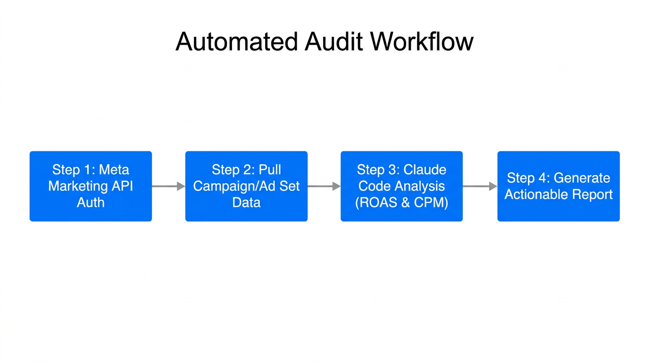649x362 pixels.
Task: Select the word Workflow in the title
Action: click(x=422, y=41)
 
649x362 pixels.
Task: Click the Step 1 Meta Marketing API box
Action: click(x=91, y=186)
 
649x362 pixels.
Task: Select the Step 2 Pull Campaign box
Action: click(x=246, y=186)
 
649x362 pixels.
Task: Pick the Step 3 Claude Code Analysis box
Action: click(x=401, y=186)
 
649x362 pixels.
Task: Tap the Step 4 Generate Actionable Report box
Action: click(x=558, y=186)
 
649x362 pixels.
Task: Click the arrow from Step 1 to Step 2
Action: click(x=168, y=186)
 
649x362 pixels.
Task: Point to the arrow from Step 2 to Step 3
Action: click(x=324, y=186)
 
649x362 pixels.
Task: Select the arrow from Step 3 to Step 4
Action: click(x=480, y=186)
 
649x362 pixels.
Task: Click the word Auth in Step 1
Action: click(x=91, y=203)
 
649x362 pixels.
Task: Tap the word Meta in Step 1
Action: click(x=114, y=170)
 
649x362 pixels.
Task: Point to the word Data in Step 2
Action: click(x=246, y=203)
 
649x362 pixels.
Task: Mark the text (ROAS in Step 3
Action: click(x=375, y=203)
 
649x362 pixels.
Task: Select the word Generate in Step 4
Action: click(x=582, y=178)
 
